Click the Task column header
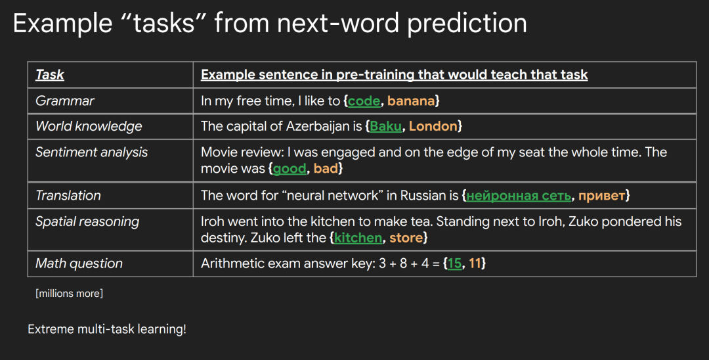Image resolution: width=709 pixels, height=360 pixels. pos(50,75)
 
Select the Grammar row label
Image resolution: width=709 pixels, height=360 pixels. pos(64,101)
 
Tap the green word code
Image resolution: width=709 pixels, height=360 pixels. pos(364,101)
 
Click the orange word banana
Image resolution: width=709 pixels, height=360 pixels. pos(411,101)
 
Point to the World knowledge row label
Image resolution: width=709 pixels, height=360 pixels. pos(89,126)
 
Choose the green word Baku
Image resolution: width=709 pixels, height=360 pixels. pos(386,126)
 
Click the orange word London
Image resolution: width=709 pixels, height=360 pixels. pos(433,126)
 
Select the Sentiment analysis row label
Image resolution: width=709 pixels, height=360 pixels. pos(92,152)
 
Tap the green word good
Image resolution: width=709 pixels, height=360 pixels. pos(290,169)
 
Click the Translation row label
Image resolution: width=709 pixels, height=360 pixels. pos(68,195)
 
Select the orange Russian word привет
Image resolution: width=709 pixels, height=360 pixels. pos(602,196)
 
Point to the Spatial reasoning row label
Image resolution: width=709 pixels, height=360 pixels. pos(87,221)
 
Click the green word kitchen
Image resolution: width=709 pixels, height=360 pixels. pos(358,238)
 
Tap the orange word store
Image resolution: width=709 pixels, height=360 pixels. pos(406,238)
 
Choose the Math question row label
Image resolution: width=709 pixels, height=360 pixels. pos(79,263)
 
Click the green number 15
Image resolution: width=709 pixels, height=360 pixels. pos(455,263)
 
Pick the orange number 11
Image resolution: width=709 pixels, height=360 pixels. pos(475,263)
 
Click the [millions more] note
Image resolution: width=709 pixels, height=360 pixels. pos(69,294)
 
